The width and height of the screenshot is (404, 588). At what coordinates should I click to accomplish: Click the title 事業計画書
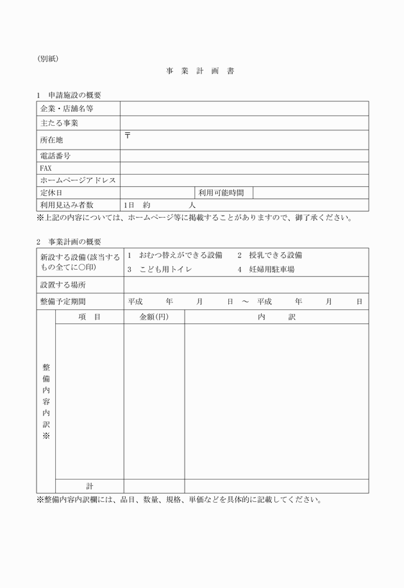click(199, 71)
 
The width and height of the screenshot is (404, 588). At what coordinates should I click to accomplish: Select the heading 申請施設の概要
click(74, 95)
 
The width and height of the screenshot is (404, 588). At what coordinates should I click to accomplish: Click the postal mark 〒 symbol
click(128, 135)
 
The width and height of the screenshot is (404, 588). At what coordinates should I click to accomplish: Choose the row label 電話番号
click(55, 156)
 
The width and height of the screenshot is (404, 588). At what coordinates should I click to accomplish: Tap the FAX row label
click(46, 168)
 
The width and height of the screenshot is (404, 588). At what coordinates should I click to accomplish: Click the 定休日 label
click(51, 193)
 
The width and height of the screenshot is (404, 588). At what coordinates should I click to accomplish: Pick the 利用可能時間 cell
click(221, 193)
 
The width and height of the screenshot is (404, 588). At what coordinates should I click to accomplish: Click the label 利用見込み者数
click(67, 205)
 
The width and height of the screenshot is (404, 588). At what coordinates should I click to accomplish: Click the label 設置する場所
click(63, 284)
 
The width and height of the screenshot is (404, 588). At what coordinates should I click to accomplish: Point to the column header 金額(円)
click(154, 317)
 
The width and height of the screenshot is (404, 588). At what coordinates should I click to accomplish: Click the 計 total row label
click(90, 486)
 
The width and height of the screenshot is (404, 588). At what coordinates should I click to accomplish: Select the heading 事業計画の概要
click(74, 241)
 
